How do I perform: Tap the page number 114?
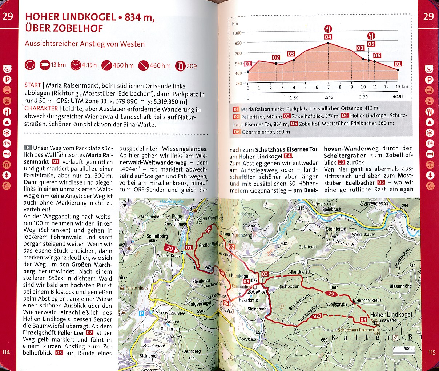[x=6, y=352]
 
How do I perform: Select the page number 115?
[x=432, y=352]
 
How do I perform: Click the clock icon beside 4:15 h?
[x=75, y=65]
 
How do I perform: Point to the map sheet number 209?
[x=192, y=66]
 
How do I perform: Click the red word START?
[x=33, y=85]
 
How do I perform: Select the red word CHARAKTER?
[x=41, y=108]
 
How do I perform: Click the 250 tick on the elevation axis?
[x=238, y=84]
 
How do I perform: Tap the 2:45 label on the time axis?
[x=328, y=97]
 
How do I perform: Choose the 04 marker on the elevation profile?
[x=328, y=37]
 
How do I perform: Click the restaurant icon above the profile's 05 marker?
[x=371, y=36]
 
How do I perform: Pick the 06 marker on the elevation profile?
[x=377, y=55]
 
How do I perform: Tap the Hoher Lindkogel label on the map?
[x=391, y=315]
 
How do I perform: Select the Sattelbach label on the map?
[x=374, y=203]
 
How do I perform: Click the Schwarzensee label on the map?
[x=170, y=313]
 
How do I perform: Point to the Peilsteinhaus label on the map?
[x=137, y=288]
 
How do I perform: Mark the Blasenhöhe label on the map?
[x=401, y=286]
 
